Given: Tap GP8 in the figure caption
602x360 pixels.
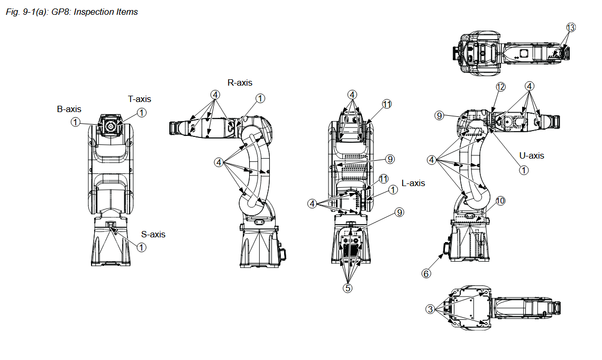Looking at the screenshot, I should pos(61,12).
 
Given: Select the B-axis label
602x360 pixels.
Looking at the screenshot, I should pos(69,109).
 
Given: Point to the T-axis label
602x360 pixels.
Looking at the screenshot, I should pos(140,99).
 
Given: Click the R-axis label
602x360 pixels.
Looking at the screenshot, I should pos(240,82).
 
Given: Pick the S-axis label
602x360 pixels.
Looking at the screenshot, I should pos(153,234).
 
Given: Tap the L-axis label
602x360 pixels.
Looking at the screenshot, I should pos(414,183).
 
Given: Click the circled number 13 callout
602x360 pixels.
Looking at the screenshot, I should pos(570,27).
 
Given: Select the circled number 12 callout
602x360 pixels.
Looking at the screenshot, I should pos(500,86).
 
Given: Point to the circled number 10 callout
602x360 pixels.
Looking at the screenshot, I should pos(500,201).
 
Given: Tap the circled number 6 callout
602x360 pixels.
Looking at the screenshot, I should pos(426,273).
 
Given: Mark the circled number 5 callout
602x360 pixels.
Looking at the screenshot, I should pos(348,288).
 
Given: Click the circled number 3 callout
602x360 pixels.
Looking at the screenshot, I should pos(431,308).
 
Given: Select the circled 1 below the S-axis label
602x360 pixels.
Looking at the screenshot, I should pos(141,247).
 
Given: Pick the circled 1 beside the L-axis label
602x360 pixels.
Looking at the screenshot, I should pos(393,190).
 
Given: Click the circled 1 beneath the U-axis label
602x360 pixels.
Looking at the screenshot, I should pos(523,170).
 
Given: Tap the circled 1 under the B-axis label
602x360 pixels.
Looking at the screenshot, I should pos(76,122).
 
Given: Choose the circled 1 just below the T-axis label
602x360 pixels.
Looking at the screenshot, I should pos(141,112).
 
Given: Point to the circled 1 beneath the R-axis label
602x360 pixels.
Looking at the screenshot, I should pos(260,98).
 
